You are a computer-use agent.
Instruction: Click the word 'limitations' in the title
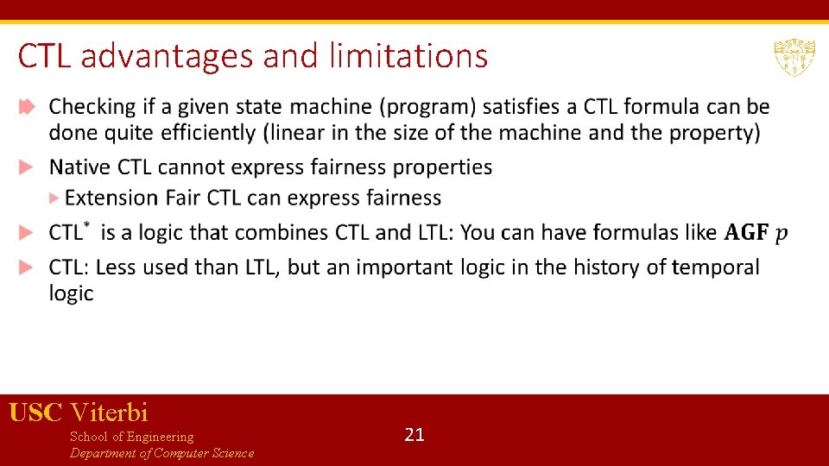click(408, 56)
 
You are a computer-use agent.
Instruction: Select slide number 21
click(414, 435)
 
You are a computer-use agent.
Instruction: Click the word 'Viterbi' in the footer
click(110, 412)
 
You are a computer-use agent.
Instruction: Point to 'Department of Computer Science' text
click(161, 454)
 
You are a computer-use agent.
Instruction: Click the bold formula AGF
click(746, 233)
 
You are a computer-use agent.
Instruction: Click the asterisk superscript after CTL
click(85, 225)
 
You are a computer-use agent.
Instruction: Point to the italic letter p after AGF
click(782, 234)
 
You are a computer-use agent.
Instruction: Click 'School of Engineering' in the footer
click(131, 437)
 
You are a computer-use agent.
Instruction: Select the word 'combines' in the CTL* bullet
click(274, 232)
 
